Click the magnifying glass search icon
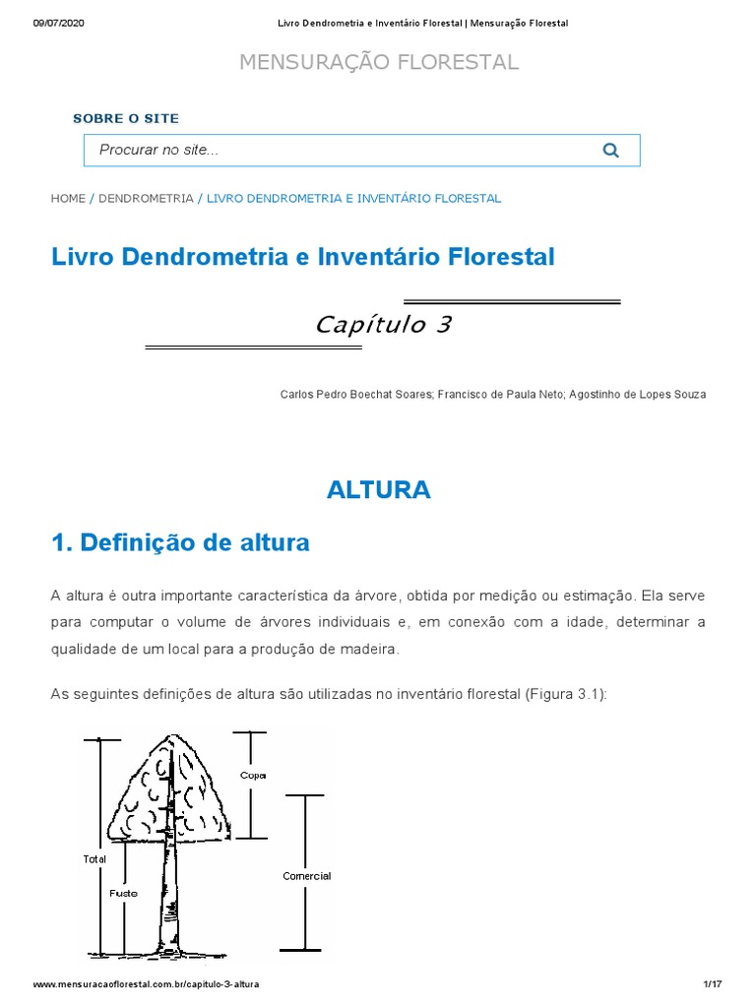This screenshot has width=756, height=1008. [x=610, y=151]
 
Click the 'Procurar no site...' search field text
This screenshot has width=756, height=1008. [x=158, y=150]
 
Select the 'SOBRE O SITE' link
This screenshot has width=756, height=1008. [x=126, y=118]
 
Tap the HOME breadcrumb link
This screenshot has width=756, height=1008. [x=68, y=198]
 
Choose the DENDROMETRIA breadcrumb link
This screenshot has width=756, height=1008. [x=146, y=198]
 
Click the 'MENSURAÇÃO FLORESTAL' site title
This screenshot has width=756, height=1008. [x=379, y=63]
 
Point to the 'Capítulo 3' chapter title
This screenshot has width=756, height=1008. [x=383, y=325]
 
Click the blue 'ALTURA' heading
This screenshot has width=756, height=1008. [x=379, y=489]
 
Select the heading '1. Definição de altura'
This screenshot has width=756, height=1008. [x=180, y=542]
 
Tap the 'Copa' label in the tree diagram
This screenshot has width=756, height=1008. [x=252, y=776]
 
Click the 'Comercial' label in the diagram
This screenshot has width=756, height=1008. [x=306, y=876]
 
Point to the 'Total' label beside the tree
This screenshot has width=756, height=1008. [x=94, y=859]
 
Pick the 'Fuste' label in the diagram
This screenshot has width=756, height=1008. [x=123, y=894]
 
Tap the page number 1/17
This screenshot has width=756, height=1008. [x=714, y=984]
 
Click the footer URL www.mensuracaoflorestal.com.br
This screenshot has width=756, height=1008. [x=147, y=984]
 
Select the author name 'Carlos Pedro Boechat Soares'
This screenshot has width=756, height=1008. [x=353, y=395]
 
